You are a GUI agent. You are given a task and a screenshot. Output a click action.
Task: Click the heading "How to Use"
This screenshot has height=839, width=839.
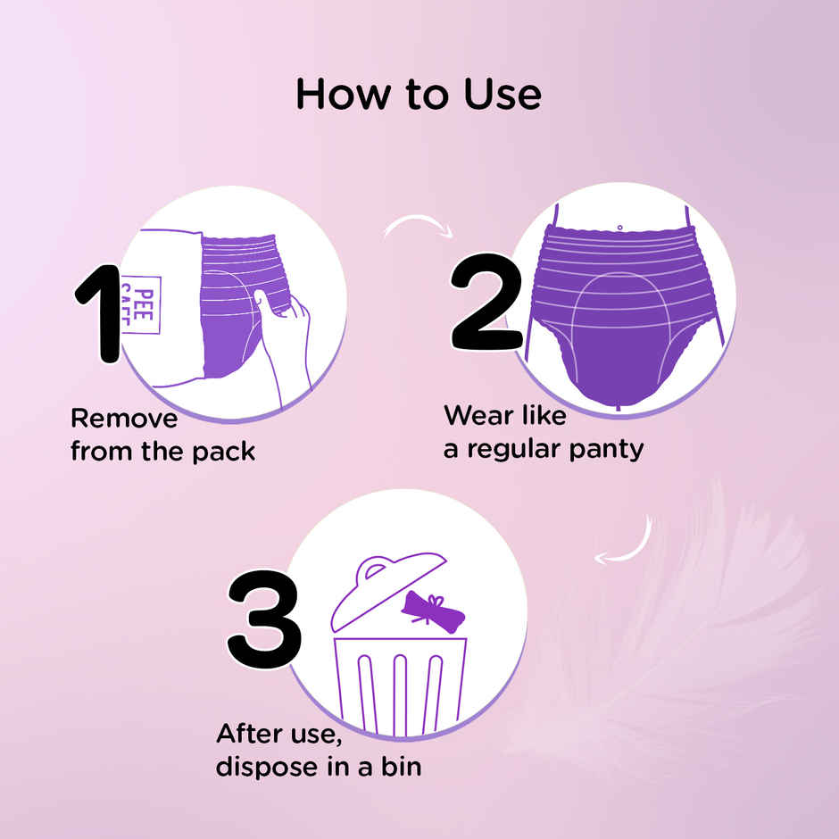(x=418, y=94)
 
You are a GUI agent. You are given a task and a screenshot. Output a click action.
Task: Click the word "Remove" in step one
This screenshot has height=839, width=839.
(x=124, y=418)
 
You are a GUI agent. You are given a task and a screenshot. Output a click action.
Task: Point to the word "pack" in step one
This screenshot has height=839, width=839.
(x=223, y=452)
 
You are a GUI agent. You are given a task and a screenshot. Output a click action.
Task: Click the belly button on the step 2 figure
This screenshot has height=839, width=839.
(x=619, y=228)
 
